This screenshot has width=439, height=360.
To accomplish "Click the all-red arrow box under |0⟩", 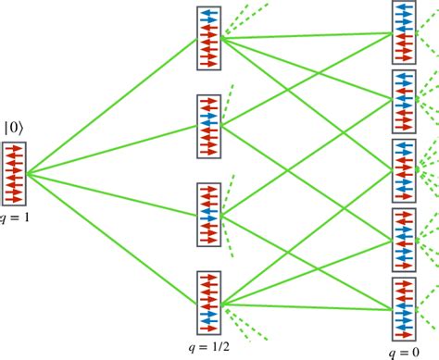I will [15, 173].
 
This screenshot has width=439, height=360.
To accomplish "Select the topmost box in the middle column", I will [210, 38].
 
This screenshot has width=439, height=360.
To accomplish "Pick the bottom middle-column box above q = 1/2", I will [210, 301].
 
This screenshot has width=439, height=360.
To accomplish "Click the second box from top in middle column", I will [210, 125].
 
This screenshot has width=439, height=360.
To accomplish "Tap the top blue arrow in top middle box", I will [210, 16].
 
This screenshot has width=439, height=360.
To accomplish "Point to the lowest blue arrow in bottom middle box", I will [210, 312].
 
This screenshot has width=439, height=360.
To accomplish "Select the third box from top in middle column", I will [210, 214].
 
